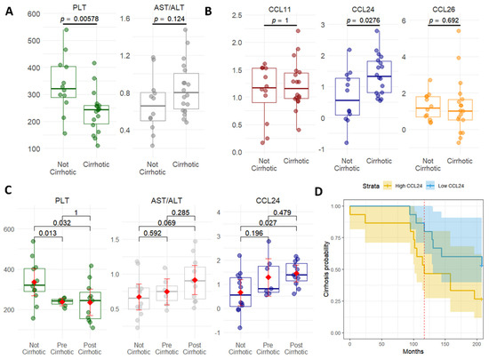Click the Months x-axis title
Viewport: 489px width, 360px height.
[410, 353]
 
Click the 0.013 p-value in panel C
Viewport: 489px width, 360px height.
[50, 210]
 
